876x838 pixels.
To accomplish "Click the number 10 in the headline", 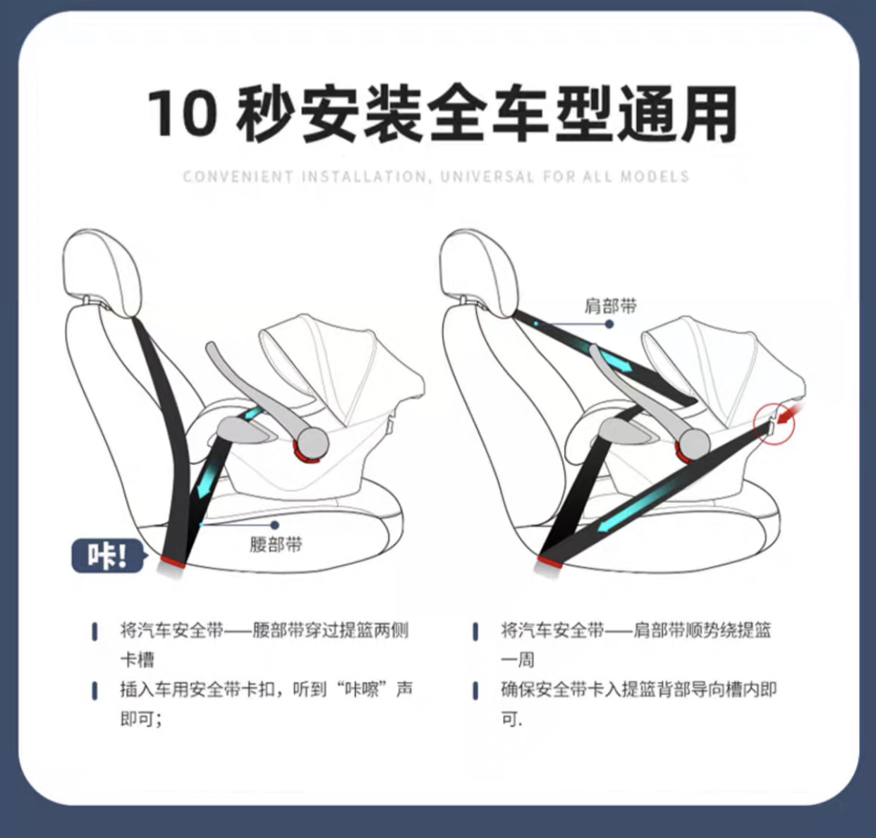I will click(x=182, y=113).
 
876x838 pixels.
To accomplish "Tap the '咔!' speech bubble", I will click(x=107, y=557).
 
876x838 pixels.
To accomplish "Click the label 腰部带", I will click(x=276, y=545).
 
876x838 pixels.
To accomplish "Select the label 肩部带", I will click(x=611, y=306).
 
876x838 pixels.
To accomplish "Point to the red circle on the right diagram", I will click(x=774, y=424).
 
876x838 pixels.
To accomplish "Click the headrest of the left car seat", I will click(x=103, y=268).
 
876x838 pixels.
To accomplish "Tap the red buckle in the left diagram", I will click(x=173, y=561).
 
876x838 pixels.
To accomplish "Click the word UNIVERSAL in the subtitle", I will click(x=487, y=176).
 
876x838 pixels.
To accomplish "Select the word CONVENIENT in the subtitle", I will click(x=238, y=176).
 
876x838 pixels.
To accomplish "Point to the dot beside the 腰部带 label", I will click(x=274, y=525).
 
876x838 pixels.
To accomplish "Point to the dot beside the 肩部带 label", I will click(x=609, y=324).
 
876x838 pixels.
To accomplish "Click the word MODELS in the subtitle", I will click(x=655, y=176).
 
